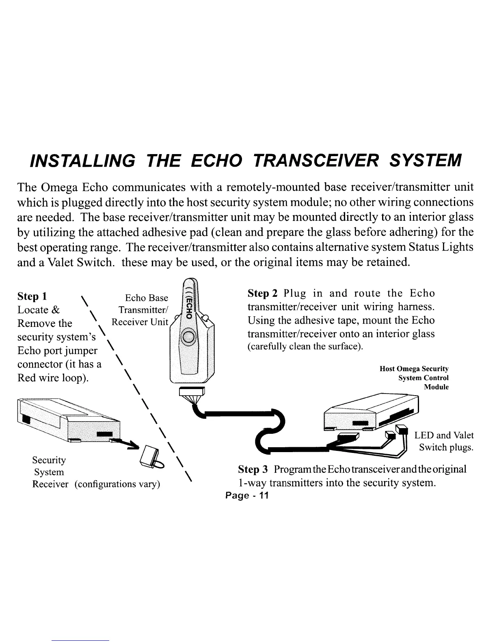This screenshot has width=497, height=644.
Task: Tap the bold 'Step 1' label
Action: tap(32, 296)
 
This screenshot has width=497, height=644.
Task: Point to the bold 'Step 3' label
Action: tap(253, 470)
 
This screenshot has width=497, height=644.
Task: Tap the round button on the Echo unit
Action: tap(189, 337)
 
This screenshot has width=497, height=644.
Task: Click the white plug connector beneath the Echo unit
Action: tap(192, 392)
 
